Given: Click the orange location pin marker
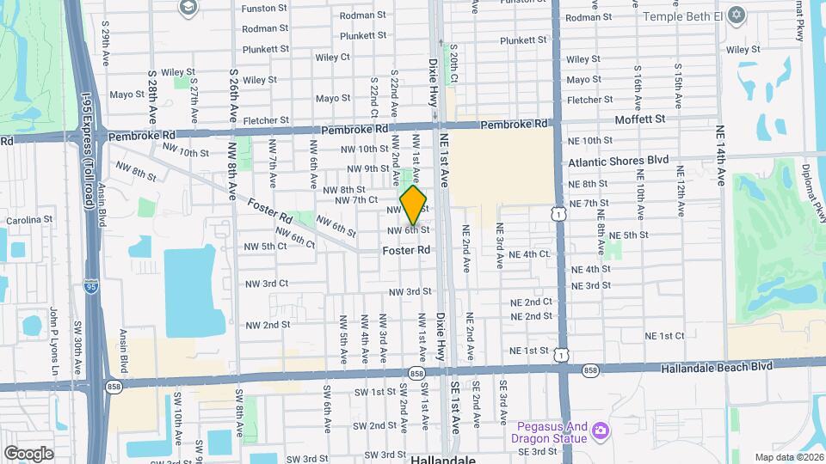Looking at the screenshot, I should coord(414,205).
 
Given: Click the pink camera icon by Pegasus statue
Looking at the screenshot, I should coord(601,430).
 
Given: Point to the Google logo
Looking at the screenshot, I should coord(28,453).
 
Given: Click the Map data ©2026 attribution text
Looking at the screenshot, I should coord(789,457).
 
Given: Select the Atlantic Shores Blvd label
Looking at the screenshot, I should coord(618,161).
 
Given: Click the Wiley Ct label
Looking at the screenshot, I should coord(332,58).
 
